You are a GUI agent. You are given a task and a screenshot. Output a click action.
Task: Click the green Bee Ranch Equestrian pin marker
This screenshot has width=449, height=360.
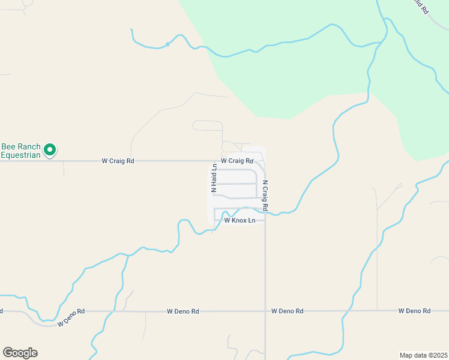pos(50,149)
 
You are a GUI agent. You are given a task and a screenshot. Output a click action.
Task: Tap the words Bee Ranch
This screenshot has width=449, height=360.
pos(21,146)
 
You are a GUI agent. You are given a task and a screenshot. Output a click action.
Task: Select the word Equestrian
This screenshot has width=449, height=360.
pos(21,155)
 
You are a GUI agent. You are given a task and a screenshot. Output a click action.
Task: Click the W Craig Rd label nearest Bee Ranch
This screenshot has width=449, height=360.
pos(118,161)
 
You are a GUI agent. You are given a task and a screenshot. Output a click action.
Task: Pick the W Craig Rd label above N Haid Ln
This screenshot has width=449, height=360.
pos(237,161)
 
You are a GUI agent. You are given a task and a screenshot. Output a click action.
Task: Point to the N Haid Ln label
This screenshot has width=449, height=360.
pos(213,179)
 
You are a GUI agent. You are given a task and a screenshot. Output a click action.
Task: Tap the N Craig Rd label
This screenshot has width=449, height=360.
pos(265,196)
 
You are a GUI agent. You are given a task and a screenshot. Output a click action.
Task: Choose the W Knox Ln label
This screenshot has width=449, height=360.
pos(240,221)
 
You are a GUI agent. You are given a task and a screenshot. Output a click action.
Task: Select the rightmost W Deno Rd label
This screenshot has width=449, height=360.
pos(414,311)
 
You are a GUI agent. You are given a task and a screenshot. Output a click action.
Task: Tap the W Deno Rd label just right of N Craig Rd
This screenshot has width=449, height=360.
pos(287,311)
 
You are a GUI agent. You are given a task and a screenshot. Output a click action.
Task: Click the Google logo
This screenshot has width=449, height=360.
pos(20,353)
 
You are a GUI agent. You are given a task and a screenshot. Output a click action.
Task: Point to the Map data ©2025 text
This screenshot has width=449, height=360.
pos(423,355)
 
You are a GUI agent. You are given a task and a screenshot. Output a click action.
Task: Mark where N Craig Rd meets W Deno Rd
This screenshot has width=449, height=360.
pos(265,311)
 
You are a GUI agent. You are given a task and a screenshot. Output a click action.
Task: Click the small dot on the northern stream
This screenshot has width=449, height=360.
pos(168,44)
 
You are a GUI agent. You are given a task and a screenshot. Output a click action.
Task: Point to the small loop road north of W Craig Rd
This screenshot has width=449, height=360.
pos(207,125)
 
